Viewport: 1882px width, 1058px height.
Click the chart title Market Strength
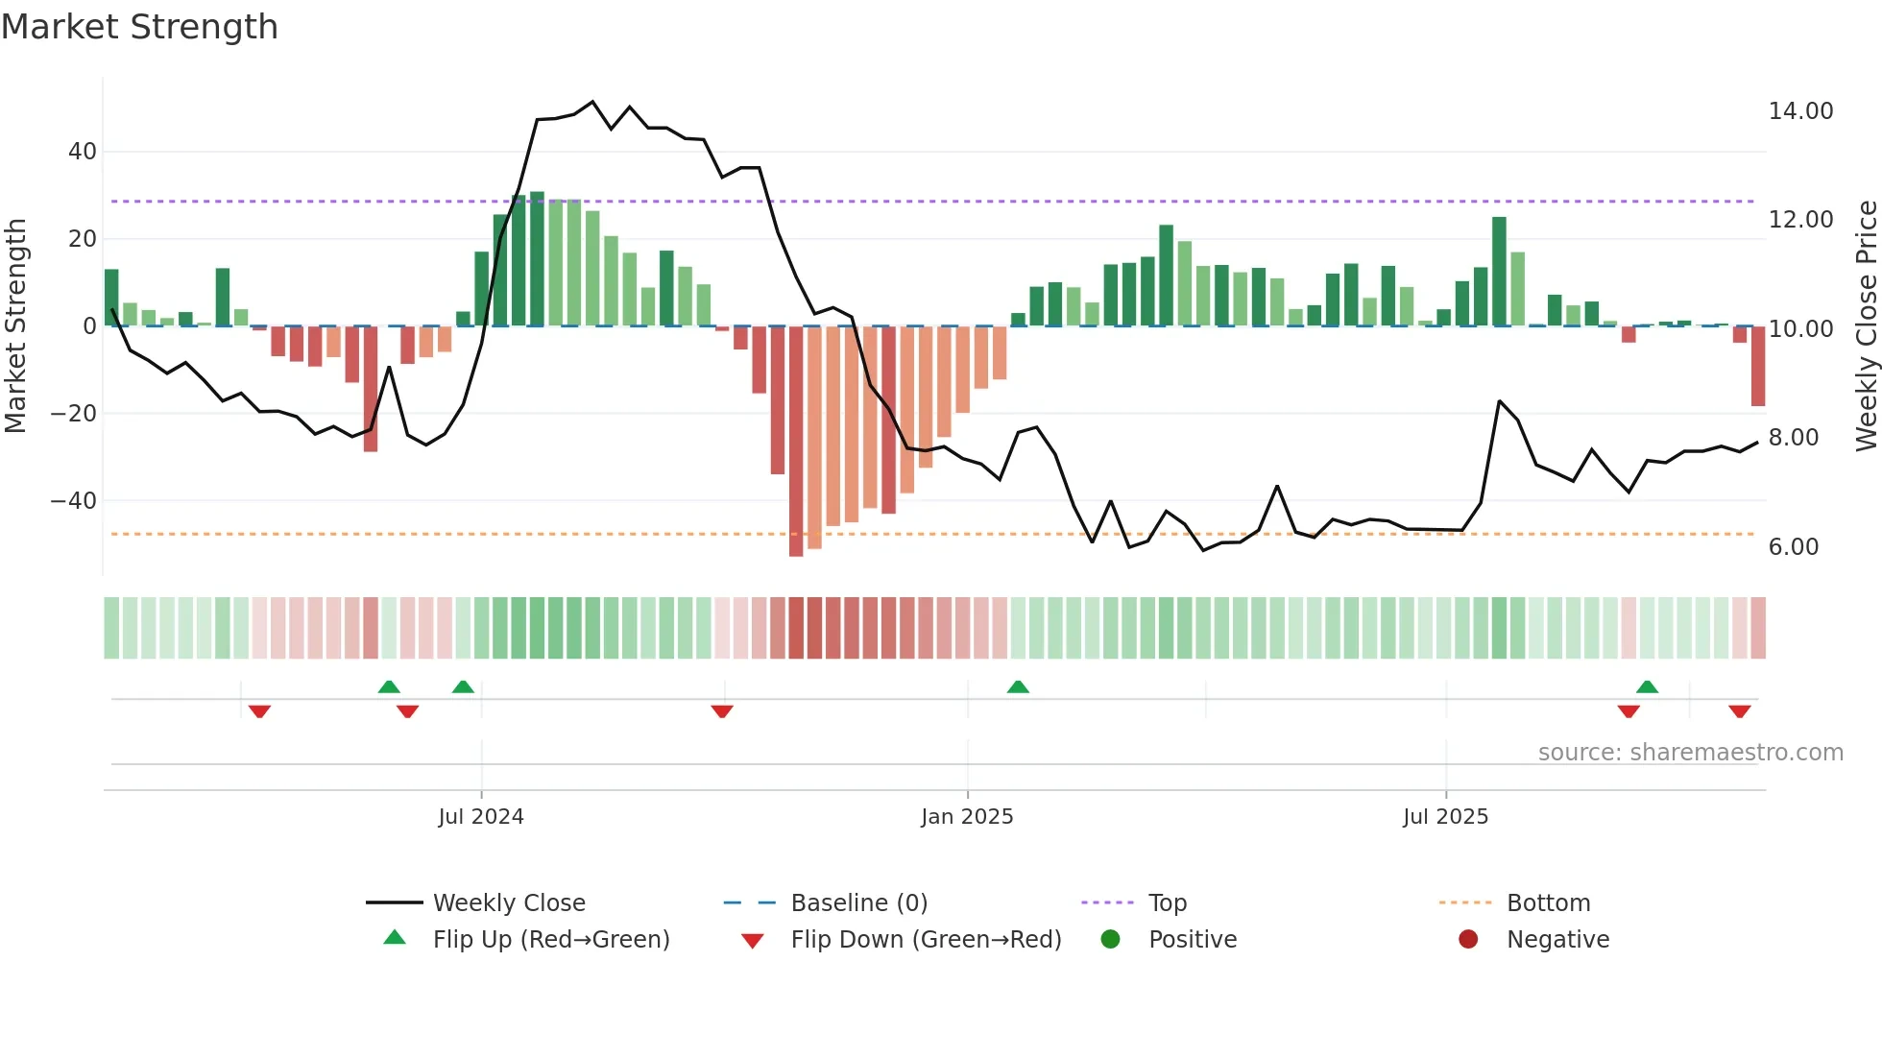[139, 27]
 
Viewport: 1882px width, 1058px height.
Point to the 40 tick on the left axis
[83, 152]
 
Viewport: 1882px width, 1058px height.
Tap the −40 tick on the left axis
[74, 501]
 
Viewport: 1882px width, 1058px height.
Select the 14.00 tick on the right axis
[1800, 111]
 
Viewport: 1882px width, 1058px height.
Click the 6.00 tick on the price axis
[1793, 547]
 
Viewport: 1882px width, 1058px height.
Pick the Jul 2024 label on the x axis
[481, 817]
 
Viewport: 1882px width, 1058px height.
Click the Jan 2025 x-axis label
[967, 817]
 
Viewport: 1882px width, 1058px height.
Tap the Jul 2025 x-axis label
[1445, 817]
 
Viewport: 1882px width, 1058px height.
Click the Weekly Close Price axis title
[1866, 326]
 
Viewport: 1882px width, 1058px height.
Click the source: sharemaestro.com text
[1690, 753]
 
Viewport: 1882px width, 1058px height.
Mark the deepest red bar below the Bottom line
[796, 442]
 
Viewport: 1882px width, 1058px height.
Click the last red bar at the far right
[1757, 366]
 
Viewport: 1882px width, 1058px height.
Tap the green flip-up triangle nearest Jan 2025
[1018, 686]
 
